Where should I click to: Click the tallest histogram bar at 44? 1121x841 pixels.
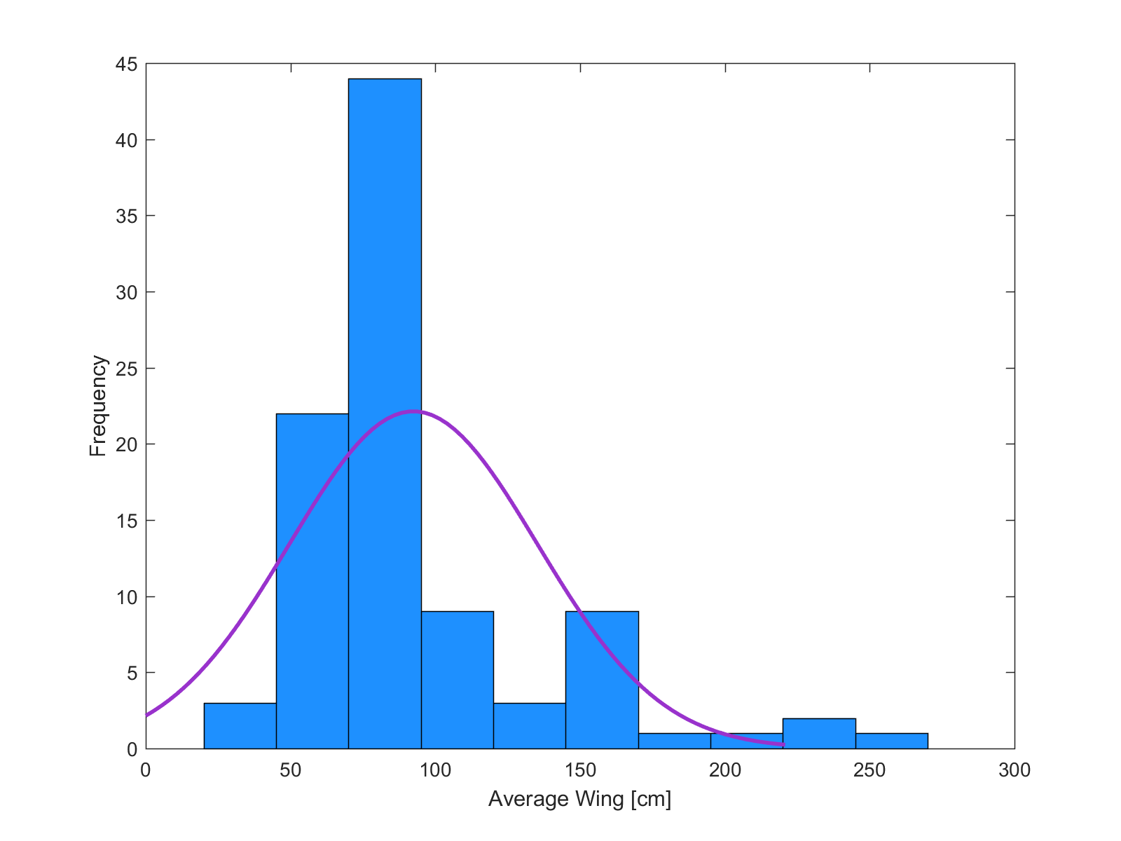tap(385, 413)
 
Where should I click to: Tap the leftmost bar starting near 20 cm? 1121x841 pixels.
tap(240, 726)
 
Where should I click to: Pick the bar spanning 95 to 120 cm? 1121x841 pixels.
tap(457, 680)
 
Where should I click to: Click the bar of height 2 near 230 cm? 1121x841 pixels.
tap(819, 734)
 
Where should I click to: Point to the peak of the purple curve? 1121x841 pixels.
tap(414, 411)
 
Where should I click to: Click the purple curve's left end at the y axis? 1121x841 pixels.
tap(147, 715)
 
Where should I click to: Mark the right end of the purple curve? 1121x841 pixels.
tap(783, 744)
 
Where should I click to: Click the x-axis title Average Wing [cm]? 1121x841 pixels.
tap(579, 799)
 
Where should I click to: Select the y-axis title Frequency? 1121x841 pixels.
tap(98, 406)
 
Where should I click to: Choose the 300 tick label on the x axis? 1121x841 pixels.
tap(1014, 771)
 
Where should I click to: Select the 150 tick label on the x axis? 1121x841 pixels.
tap(580, 771)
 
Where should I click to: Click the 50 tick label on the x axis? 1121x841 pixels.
tap(291, 771)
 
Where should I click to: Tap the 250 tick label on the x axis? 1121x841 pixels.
tap(869, 771)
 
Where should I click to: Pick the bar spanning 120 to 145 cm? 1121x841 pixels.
tap(529, 726)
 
